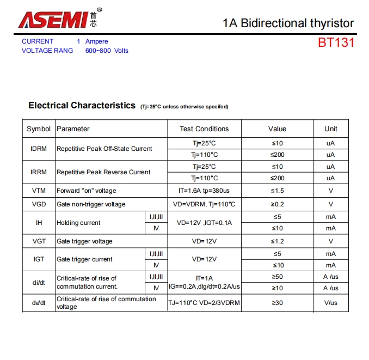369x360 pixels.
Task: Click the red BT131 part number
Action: (336, 42)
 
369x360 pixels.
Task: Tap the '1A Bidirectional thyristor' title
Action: (288, 23)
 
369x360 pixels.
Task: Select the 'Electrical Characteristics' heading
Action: (82, 106)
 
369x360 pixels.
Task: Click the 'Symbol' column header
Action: (39, 129)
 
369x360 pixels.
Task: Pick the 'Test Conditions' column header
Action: (204, 129)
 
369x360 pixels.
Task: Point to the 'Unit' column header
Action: (330, 129)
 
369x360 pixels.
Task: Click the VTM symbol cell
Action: (39, 191)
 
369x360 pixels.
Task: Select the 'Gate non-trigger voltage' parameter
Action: (91, 204)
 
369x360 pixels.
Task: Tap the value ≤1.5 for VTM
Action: (277, 191)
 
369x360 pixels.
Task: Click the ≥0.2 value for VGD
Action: (277, 204)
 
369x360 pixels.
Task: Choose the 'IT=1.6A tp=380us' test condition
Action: (204, 191)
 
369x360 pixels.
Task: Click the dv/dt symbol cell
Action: (39, 302)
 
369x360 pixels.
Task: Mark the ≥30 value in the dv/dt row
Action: (277, 302)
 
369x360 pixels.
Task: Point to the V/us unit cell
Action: (330, 302)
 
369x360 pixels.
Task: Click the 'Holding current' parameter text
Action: (78, 223)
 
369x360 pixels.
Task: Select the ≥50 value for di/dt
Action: (277, 277)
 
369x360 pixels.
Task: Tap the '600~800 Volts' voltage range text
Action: (107, 51)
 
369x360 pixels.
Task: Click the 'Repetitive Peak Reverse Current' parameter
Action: (103, 172)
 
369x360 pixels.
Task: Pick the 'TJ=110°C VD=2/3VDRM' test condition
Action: (204, 302)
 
